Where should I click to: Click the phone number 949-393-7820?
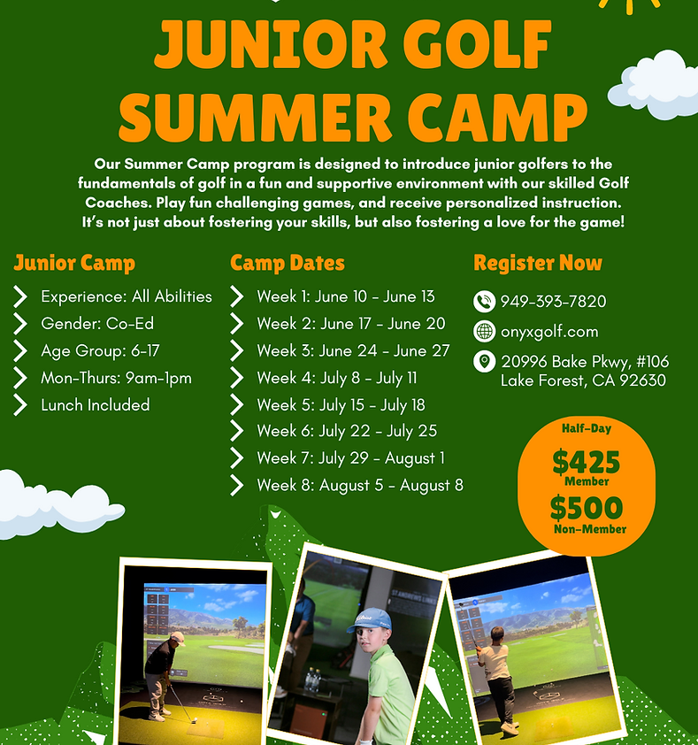click(x=553, y=301)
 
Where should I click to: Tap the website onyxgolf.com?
click(x=549, y=332)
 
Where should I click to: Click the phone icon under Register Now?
click(x=484, y=301)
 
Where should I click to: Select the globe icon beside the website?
click(x=484, y=331)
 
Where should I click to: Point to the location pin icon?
click(x=484, y=362)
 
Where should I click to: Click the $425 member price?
click(x=587, y=461)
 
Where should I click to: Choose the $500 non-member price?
click(x=587, y=508)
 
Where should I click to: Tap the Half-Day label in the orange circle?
click(x=587, y=428)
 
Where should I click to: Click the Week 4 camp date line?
click(x=336, y=378)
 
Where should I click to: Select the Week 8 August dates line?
click(x=360, y=486)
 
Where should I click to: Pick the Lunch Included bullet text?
click(x=95, y=405)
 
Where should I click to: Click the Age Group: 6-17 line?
click(x=100, y=351)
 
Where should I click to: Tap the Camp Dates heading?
click(x=288, y=263)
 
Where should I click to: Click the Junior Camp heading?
click(x=74, y=263)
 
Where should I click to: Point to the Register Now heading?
click(x=538, y=263)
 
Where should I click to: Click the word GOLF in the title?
click(x=477, y=43)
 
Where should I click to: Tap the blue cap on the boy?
click(x=370, y=620)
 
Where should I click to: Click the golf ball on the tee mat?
click(x=194, y=720)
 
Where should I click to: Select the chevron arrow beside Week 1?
click(x=236, y=296)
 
